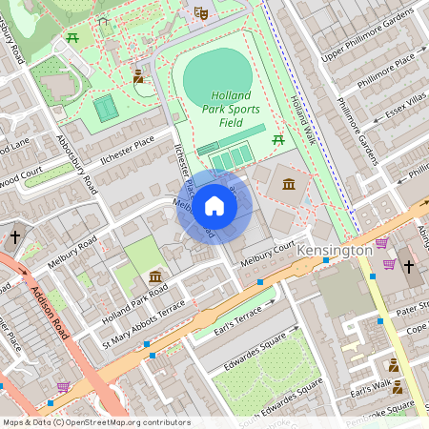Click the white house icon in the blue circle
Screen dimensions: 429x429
pyautogui.click(x=214, y=206)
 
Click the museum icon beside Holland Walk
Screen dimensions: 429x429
pyautogui.click(x=288, y=183)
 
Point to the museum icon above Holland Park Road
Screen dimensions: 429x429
pyautogui.click(x=155, y=276)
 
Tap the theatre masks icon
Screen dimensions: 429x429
pyautogui.click(x=200, y=12)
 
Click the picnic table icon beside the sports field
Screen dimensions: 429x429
pyautogui.click(x=278, y=140)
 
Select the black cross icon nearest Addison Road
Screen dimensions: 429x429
pyautogui.click(x=14, y=235)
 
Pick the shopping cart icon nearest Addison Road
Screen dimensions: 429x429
pyautogui.click(x=63, y=386)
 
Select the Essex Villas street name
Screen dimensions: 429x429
pyautogui.click(x=408, y=112)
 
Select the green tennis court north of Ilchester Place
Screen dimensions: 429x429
pyautogui.click(x=106, y=107)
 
